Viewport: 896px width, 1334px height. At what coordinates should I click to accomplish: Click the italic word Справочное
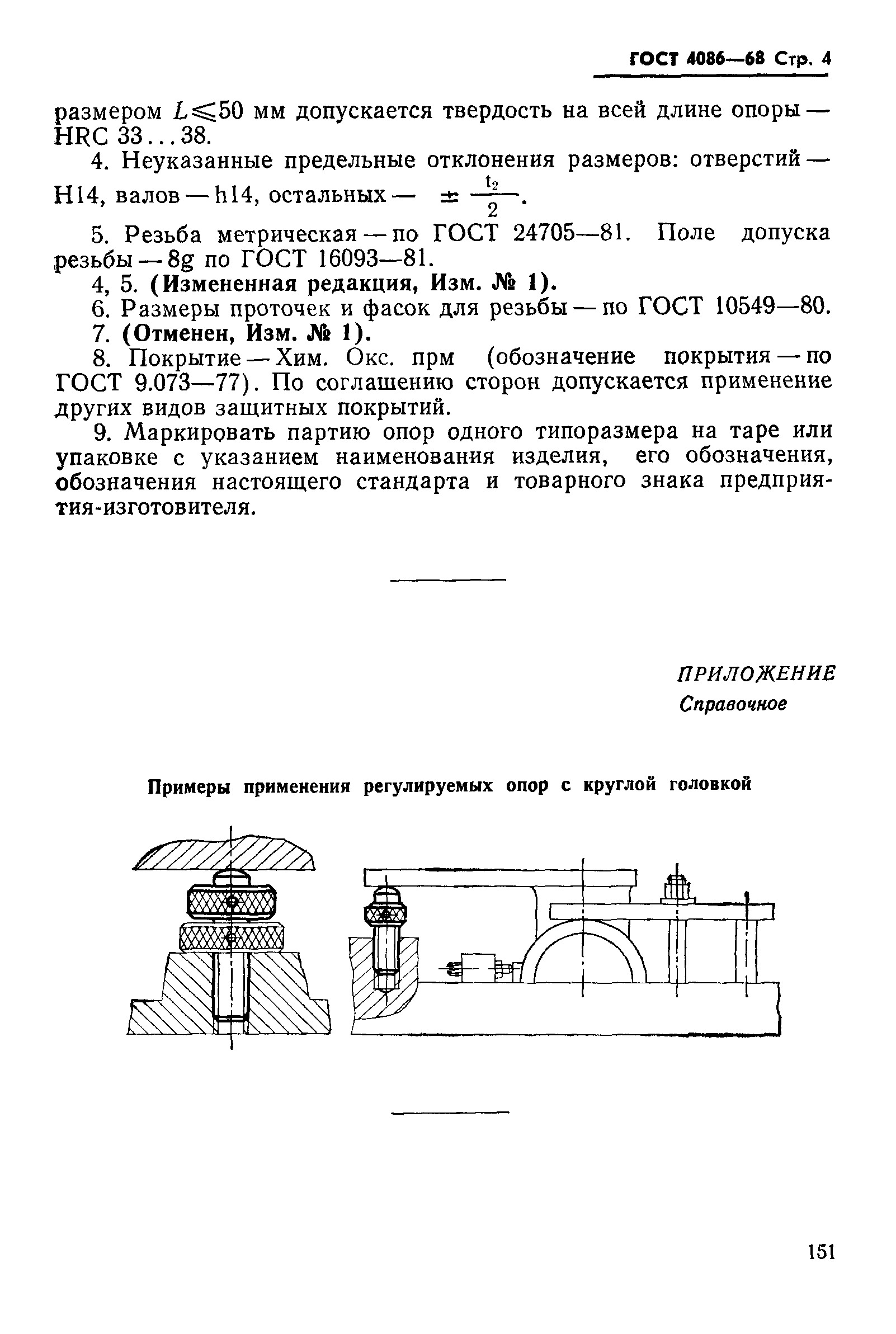(733, 704)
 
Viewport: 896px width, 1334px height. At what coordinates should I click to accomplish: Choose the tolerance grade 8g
(181, 260)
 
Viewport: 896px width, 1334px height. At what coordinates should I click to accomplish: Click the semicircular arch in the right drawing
(583, 949)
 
